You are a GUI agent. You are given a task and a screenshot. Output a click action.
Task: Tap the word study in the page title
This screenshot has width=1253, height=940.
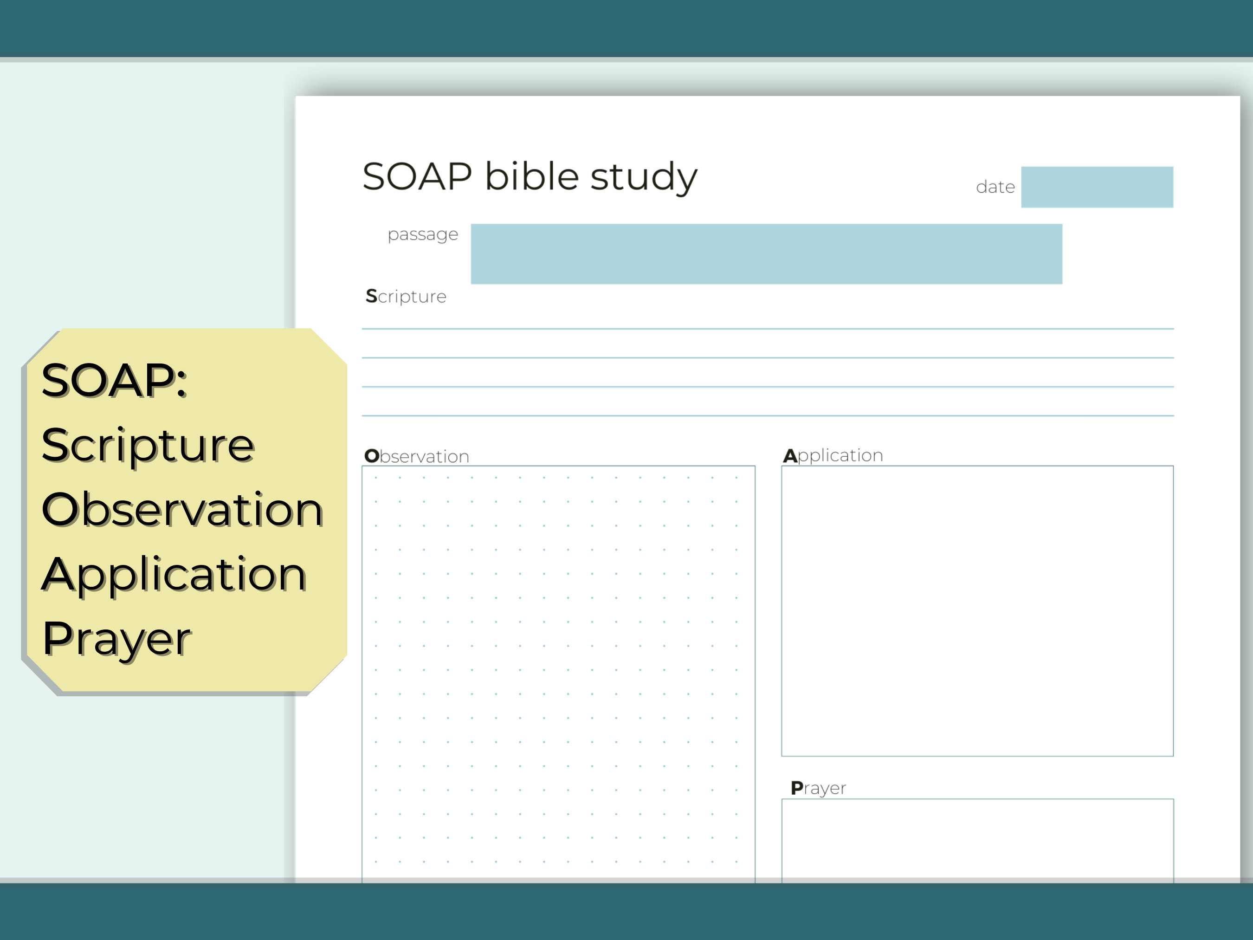tap(644, 178)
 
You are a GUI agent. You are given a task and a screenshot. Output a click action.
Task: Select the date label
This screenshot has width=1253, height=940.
tap(995, 187)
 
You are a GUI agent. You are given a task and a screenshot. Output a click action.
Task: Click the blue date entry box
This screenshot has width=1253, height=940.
tap(1097, 187)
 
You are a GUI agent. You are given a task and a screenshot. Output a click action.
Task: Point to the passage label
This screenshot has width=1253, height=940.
tap(423, 234)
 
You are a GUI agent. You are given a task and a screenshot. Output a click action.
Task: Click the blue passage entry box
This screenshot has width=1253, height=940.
tap(766, 254)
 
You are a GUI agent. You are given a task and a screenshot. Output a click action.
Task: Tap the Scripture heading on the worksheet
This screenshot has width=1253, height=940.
tap(406, 296)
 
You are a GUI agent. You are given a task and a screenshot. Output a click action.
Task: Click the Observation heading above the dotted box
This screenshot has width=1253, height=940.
tap(417, 456)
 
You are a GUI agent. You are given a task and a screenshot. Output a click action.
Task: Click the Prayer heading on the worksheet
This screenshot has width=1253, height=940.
tap(818, 788)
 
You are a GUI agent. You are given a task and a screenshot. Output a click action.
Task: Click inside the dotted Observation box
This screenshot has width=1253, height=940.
tap(558, 668)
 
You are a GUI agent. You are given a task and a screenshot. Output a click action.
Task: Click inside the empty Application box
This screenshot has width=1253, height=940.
tap(977, 611)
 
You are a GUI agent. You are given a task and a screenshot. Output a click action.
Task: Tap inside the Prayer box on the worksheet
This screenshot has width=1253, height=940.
tap(977, 839)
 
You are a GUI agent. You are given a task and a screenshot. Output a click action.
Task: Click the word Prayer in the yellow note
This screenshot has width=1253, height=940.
tap(116, 639)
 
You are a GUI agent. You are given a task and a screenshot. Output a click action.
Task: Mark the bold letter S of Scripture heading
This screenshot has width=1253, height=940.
tap(371, 296)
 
